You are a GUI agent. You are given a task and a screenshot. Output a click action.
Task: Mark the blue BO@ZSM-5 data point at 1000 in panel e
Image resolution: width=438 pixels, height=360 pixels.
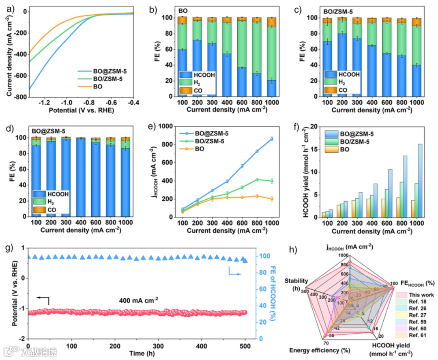coord(272,139)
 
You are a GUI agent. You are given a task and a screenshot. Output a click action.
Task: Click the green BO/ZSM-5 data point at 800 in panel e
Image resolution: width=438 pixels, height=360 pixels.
coord(257,179)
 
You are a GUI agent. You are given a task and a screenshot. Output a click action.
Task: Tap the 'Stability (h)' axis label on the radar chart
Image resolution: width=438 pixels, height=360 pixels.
coord(296,284)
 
